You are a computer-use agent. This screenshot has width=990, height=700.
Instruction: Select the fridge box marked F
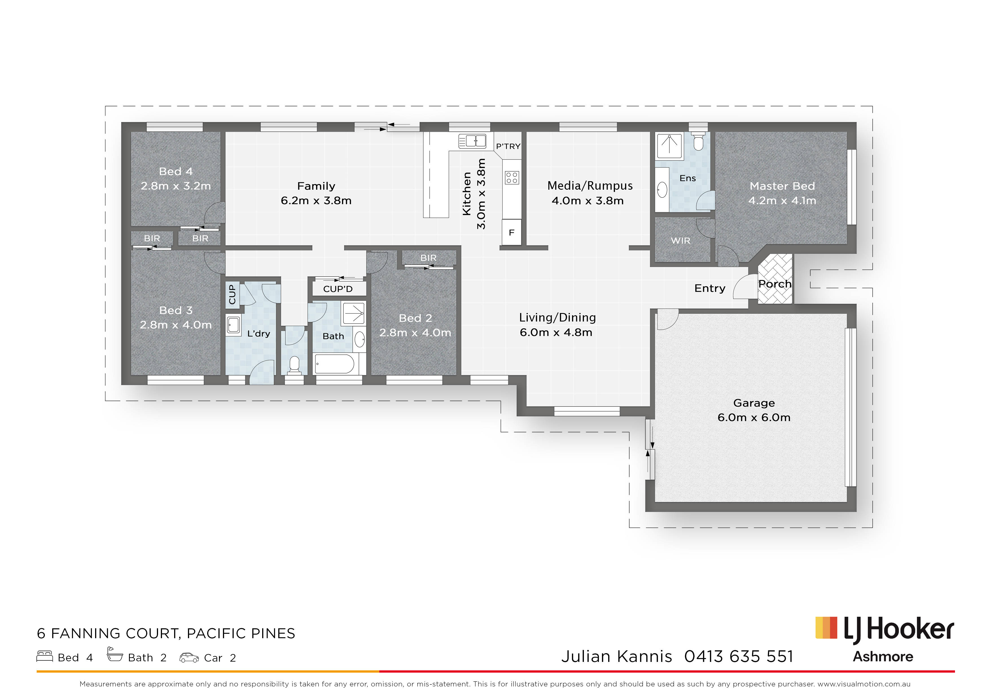pyautogui.click(x=512, y=233)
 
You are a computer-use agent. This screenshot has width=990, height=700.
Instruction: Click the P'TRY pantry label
pyautogui.click(x=508, y=146)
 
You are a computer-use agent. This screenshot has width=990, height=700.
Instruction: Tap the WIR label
pyautogui.click(x=680, y=241)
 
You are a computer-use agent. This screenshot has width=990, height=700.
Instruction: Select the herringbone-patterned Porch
pyautogui.click(x=775, y=279)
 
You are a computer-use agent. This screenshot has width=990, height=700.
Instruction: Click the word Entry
pyautogui.click(x=710, y=288)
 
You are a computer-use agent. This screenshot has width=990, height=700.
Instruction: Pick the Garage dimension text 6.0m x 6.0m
pyautogui.click(x=754, y=417)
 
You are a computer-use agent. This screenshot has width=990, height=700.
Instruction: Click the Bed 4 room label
pyautogui.click(x=176, y=171)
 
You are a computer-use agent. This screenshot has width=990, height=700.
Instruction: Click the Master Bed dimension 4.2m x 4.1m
pyautogui.click(x=782, y=201)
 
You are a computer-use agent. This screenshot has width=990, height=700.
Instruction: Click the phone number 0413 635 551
pyautogui.click(x=739, y=657)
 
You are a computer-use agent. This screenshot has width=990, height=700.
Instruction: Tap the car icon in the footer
pyautogui.click(x=189, y=658)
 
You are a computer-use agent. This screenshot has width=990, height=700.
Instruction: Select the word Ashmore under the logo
pyautogui.click(x=883, y=657)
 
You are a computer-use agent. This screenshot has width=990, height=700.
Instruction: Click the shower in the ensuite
pyautogui.click(x=669, y=146)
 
